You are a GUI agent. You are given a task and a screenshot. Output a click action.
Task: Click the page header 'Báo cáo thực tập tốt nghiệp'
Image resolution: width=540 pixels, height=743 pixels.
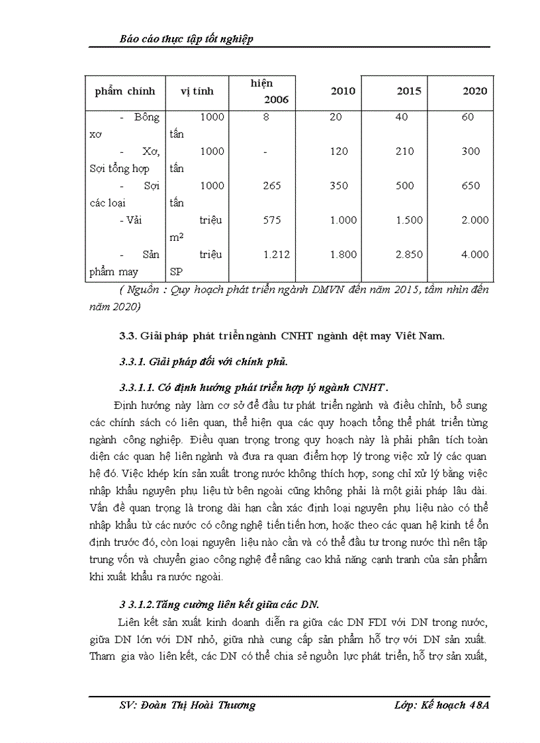click(187, 39)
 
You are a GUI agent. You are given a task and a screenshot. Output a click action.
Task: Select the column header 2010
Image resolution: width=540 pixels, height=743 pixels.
click(343, 91)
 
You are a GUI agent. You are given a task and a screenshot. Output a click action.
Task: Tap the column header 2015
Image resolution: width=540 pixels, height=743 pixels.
click(408, 91)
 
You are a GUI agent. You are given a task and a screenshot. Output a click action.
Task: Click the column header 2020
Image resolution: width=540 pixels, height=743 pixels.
click(475, 91)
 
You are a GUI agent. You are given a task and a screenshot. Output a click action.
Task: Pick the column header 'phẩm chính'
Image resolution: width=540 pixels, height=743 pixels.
click(125, 91)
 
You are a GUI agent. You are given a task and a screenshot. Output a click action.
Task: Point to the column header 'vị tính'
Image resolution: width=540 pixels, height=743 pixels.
click(197, 91)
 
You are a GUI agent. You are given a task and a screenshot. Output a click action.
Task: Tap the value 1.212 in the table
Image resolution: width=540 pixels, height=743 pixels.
click(276, 255)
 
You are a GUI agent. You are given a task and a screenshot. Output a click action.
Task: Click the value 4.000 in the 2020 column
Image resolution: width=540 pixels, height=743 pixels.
click(475, 255)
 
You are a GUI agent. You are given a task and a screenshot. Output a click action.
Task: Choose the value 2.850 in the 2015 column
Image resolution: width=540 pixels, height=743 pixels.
click(409, 255)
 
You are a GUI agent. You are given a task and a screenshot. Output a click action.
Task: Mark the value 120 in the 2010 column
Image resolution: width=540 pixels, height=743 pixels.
click(339, 152)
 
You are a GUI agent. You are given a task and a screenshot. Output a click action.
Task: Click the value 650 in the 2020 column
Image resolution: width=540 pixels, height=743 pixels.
click(471, 186)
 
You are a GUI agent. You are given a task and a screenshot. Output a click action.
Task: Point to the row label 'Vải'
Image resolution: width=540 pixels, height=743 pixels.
click(136, 220)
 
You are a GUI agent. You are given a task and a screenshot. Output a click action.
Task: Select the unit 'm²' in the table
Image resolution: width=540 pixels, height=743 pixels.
click(176, 238)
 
